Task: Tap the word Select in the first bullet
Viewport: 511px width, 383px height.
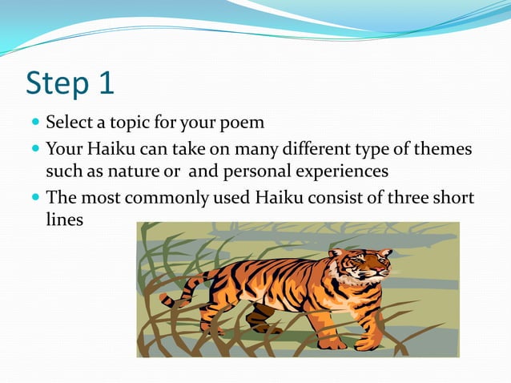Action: pyautogui.click(x=69, y=123)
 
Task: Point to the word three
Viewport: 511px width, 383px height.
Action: pyautogui.click(x=406, y=197)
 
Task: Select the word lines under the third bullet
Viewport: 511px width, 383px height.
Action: pyautogui.click(x=64, y=219)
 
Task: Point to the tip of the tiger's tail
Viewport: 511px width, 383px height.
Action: pyautogui.click(x=163, y=300)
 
